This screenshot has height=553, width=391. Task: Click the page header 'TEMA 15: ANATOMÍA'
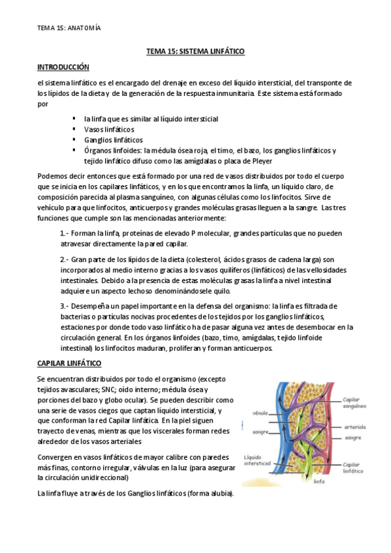tap(69, 28)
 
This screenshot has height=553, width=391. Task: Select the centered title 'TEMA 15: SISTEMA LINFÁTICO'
tap(195, 51)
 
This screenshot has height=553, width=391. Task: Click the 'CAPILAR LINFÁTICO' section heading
tap(69, 363)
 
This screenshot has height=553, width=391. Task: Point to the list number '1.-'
tap(65, 233)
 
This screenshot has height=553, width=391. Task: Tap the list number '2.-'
tap(65, 260)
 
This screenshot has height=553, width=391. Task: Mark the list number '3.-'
tap(65, 306)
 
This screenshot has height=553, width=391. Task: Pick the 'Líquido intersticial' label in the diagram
tap(256, 461)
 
